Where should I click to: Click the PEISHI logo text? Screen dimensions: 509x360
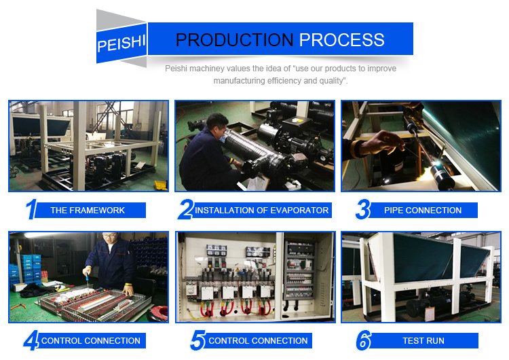121,43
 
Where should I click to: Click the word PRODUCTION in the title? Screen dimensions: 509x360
234,40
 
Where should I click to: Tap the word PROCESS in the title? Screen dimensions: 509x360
342,40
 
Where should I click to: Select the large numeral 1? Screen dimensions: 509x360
31,209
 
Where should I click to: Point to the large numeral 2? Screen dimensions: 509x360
186,209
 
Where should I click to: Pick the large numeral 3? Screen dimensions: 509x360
363,209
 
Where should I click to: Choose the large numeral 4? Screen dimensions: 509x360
31,340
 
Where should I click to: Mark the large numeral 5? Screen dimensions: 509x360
197,340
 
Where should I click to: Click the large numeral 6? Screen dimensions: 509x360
364,340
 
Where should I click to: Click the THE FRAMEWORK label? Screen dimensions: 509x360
88,211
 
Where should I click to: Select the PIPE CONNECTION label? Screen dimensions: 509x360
423,211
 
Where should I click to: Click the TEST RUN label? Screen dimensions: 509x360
423,341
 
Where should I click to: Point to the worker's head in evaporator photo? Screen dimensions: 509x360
217,126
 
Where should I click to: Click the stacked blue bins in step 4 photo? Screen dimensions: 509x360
30,269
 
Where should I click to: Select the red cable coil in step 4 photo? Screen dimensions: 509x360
157,313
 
